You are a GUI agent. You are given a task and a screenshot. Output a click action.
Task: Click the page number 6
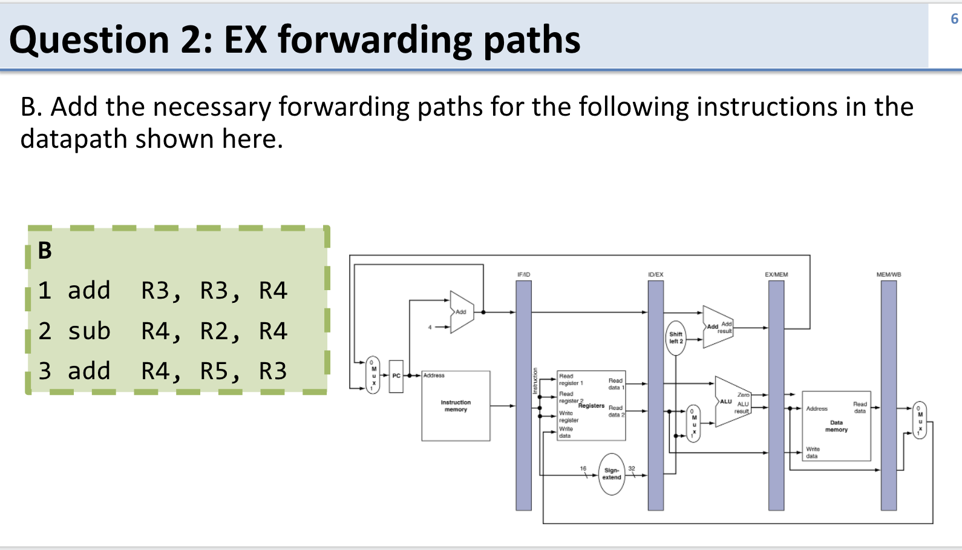click(954, 19)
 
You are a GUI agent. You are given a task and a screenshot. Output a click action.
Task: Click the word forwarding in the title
click(375, 41)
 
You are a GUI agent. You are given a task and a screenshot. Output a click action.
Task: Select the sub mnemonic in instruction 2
click(89, 331)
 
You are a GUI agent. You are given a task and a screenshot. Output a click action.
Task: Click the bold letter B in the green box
click(45, 251)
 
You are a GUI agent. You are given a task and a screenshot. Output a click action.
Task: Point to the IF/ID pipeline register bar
click(523, 394)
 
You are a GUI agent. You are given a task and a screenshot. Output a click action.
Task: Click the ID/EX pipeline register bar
click(655, 394)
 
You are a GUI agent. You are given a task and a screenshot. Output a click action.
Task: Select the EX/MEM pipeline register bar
click(776, 394)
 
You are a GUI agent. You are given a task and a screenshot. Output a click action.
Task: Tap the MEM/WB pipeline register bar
click(888, 394)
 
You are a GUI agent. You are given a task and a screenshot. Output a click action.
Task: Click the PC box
click(396, 376)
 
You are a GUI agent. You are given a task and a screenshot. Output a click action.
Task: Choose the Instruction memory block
click(456, 406)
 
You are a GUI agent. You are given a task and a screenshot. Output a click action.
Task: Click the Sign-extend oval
click(612, 474)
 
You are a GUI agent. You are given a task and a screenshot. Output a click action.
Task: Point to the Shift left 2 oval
click(676, 338)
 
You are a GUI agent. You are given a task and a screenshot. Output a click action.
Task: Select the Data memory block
click(836, 426)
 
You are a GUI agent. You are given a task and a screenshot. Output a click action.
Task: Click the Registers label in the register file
click(591, 406)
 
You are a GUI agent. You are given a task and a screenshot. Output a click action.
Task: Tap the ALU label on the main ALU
click(725, 402)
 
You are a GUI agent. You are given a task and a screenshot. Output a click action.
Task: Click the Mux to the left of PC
click(373, 376)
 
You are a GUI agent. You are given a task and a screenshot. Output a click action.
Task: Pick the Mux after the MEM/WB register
click(920, 420)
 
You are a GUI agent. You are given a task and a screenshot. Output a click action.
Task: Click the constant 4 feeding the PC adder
click(430, 327)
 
